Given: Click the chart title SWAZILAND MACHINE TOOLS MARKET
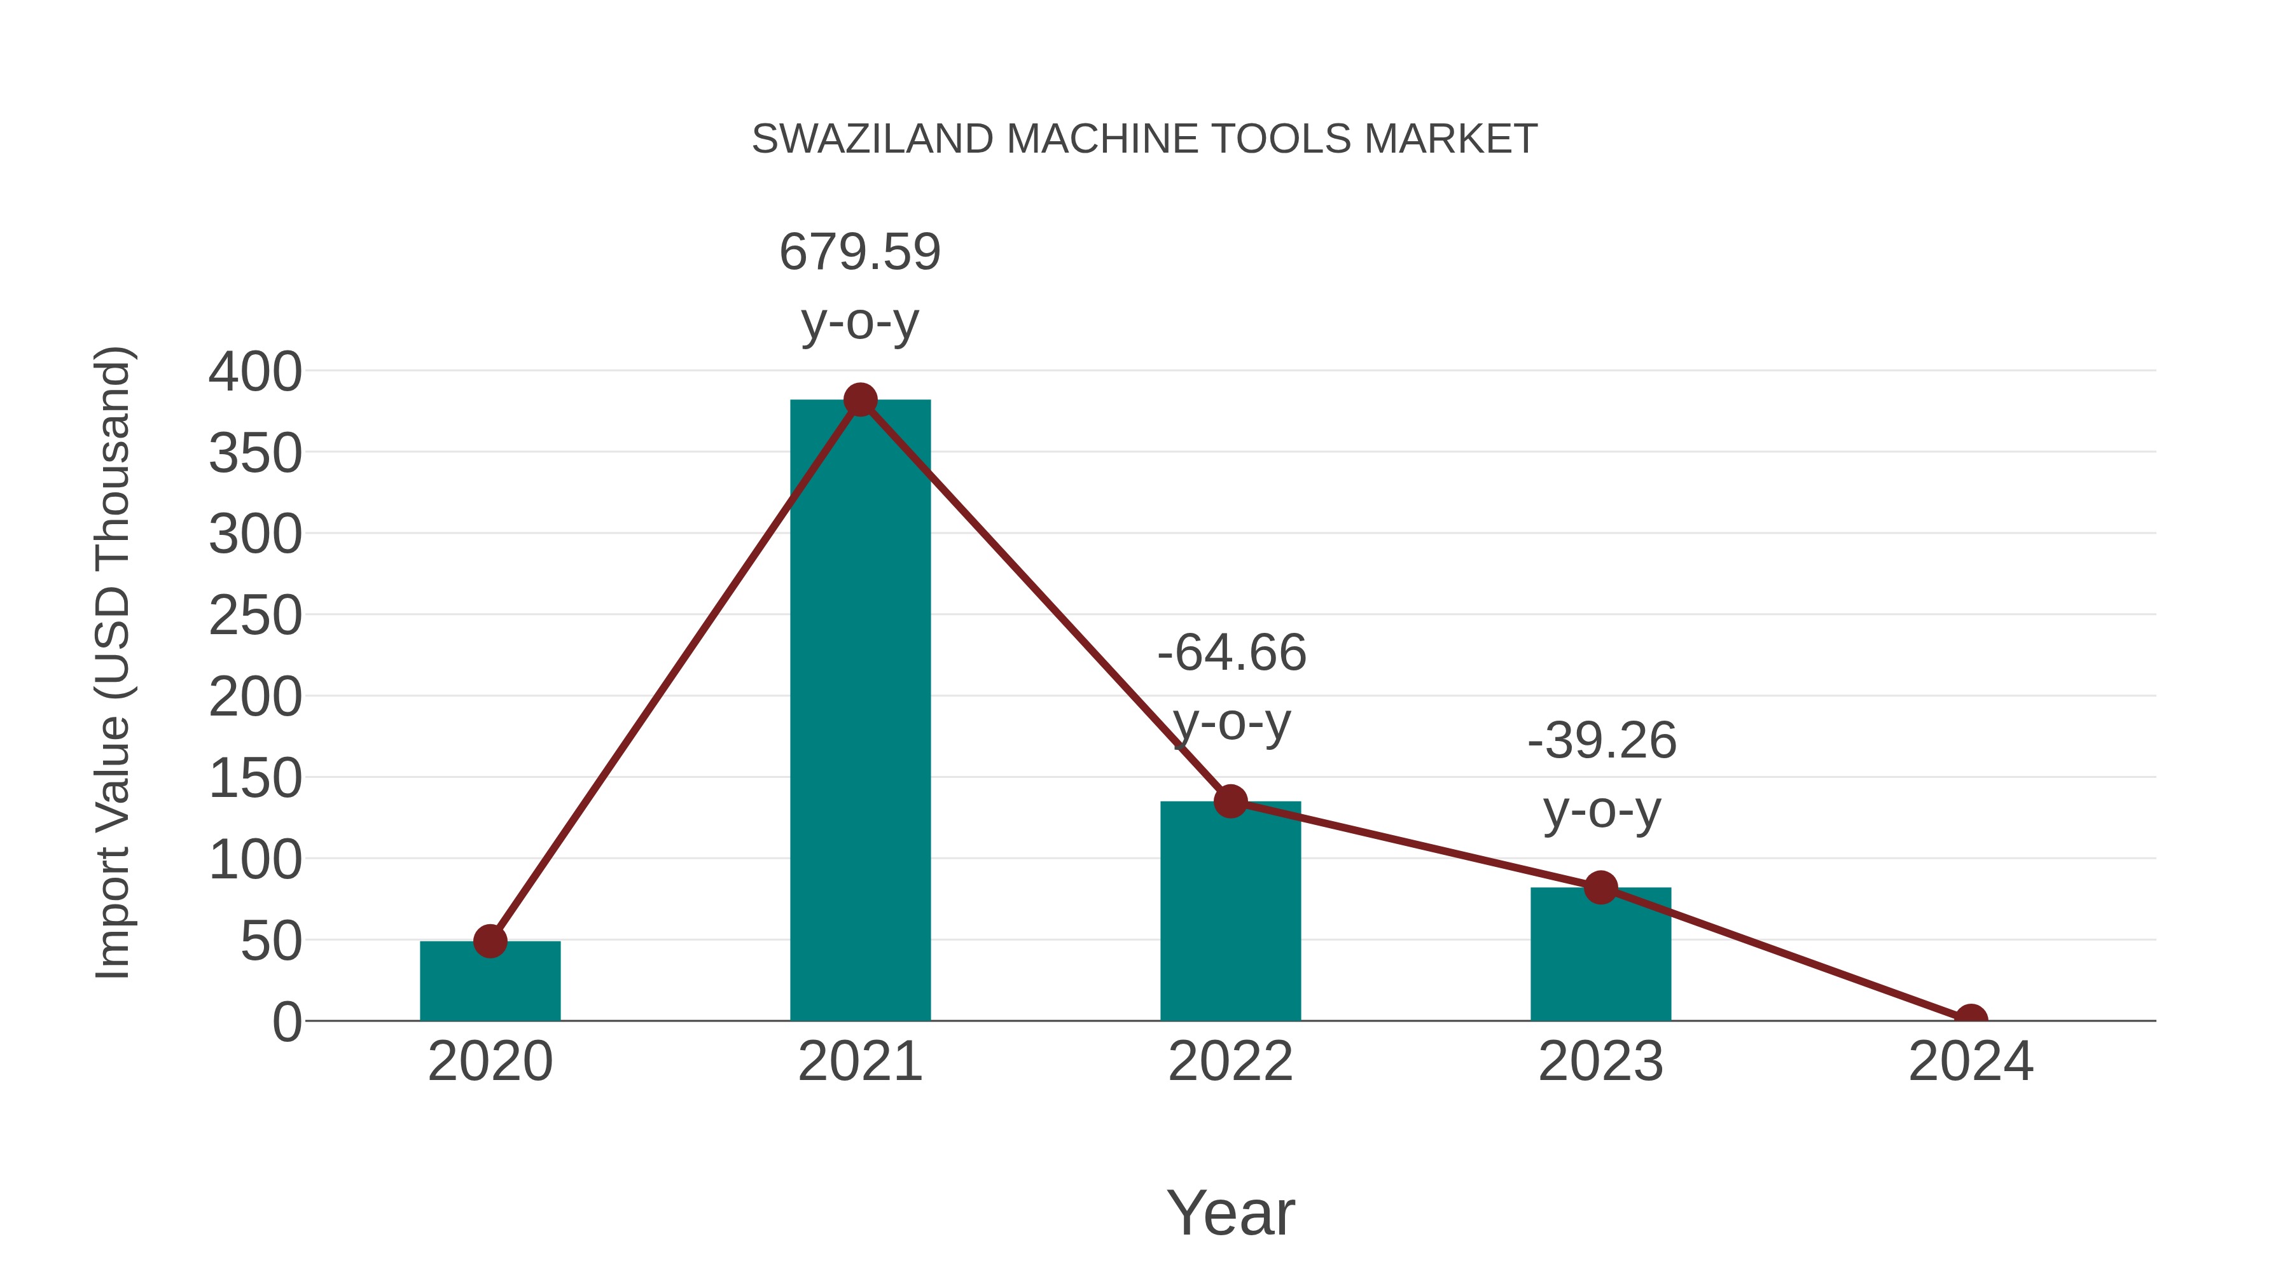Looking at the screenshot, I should pyautogui.click(x=1144, y=139).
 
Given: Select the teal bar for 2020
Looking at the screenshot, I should pyautogui.click(x=490, y=981).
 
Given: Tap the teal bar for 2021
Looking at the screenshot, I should pyautogui.click(x=859, y=711).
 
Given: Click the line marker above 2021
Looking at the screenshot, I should pyautogui.click(x=859, y=400).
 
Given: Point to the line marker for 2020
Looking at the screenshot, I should pyautogui.click(x=490, y=941).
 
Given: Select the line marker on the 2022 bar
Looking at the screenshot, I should pyautogui.click(x=1230, y=802).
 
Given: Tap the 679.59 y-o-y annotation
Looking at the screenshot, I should pyautogui.click(x=859, y=286).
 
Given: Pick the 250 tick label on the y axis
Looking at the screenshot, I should pyautogui.click(x=255, y=615).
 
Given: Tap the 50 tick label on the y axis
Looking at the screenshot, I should pyautogui.click(x=271, y=941).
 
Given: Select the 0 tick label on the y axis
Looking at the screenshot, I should pyautogui.click(x=287, y=1022).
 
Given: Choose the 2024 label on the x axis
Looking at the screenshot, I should pyautogui.click(x=1971, y=1062).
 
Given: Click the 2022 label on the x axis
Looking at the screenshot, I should pyautogui.click(x=1230, y=1062).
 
